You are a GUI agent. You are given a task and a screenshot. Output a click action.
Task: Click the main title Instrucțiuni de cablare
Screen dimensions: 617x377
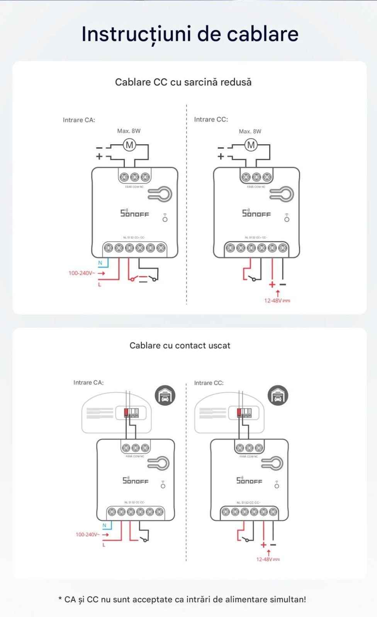(x=190, y=34)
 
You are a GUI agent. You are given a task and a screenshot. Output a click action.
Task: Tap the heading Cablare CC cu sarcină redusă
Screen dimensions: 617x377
(x=183, y=82)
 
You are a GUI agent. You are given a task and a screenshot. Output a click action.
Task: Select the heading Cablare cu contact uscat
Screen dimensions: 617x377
(x=180, y=346)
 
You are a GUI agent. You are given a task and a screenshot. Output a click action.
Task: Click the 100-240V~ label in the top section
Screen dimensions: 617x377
(x=82, y=273)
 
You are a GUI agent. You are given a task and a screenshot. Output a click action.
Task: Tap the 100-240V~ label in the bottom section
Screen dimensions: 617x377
(x=87, y=534)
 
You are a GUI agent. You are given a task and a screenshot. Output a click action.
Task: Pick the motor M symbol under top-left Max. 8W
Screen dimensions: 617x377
(x=129, y=145)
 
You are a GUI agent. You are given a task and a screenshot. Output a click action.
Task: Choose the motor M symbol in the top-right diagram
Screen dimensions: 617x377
(x=251, y=145)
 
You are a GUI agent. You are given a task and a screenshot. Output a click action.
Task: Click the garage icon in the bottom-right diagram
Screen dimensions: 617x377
(x=278, y=396)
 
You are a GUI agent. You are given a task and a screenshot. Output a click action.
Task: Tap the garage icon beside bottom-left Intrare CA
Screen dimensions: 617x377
(x=165, y=396)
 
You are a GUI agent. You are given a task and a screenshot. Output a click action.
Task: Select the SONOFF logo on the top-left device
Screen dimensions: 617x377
(x=134, y=213)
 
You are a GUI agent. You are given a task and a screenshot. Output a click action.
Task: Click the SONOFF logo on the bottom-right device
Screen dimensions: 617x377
(x=249, y=480)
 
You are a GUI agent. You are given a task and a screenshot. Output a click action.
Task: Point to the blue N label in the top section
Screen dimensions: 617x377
(x=100, y=263)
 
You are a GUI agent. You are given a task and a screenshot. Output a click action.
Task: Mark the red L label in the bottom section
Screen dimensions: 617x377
(x=104, y=545)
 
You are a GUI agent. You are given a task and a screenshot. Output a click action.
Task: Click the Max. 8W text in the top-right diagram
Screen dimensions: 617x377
(x=250, y=131)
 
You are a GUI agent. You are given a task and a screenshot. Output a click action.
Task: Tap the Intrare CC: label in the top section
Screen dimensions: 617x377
(x=211, y=120)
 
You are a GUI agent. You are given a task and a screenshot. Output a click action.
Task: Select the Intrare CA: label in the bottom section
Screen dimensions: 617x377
(x=88, y=383)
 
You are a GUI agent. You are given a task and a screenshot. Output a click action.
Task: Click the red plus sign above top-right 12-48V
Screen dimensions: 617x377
(x=272, y=285)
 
